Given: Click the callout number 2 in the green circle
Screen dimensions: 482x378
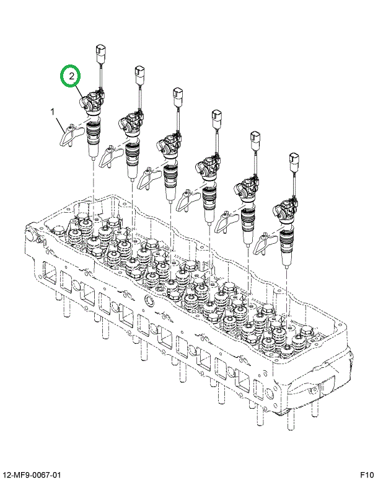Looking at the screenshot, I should pos(71,77).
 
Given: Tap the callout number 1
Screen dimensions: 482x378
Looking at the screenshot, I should pos(53,112).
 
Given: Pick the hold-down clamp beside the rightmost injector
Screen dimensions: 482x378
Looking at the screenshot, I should pos(263,243).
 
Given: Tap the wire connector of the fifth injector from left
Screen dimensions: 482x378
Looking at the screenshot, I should pos(255,142).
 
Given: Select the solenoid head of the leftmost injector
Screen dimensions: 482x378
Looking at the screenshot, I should pos(93,100).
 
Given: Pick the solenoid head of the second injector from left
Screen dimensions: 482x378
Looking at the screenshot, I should pos(131,122).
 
